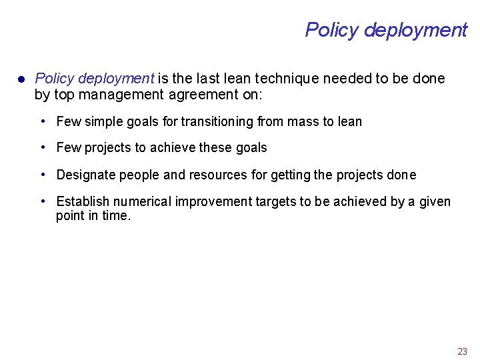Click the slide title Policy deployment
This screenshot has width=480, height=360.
[386, 30]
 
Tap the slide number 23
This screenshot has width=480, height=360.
[462, 351]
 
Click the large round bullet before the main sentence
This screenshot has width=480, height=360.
[21, 79]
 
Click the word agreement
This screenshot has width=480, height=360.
[203, 95]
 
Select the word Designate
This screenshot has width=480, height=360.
[83, 175]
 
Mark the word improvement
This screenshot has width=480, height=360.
[210, 202]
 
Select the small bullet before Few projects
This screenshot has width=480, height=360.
[43, 147]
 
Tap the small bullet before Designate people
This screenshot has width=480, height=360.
[43, 175]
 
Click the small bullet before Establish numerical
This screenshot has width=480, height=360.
[43, 201]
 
